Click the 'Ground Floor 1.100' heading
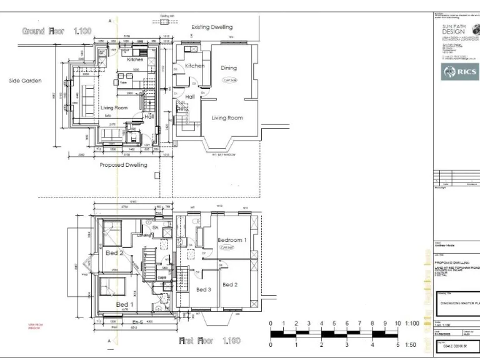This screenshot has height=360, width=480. point(57,31)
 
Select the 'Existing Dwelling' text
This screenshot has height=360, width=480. point(212,27)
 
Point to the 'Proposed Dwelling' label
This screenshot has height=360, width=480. point(123,165)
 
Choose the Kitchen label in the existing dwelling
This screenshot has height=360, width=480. point(194,66)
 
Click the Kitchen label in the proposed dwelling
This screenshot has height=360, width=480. point(136,60)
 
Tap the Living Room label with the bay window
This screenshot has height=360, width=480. point(227,117)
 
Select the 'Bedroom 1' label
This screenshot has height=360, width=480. point(232,240)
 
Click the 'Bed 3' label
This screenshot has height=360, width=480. point(203,289)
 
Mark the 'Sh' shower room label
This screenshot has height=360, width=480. point(155,227)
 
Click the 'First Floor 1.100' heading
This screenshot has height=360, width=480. point(209,341)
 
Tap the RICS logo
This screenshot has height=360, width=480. point(460,72)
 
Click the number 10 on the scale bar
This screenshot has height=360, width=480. point(397,324)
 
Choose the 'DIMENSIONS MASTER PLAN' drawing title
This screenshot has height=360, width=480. point(459,302)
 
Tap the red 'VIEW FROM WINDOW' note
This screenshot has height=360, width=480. point(35,326)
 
